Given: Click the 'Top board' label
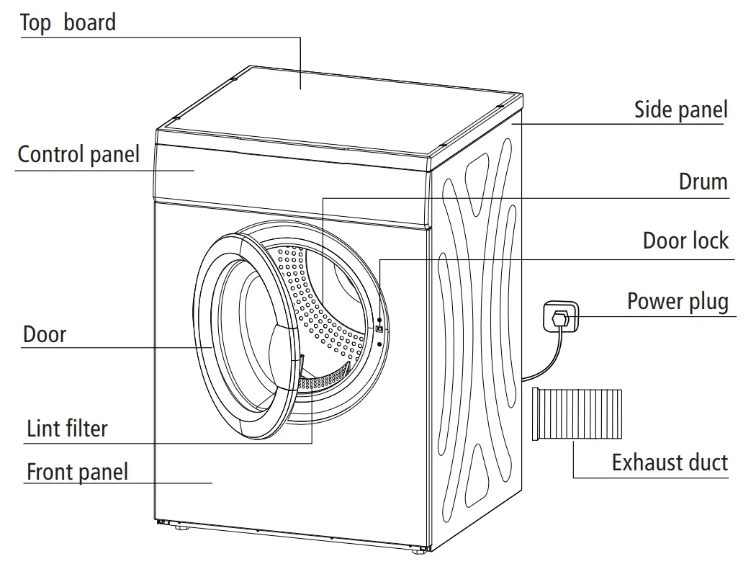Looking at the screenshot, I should point(68,22).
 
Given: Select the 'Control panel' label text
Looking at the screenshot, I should point(78,154).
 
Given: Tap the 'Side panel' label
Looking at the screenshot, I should point(680,109).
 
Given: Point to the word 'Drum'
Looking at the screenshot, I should point(703,182).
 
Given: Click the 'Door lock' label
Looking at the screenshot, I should point(685,241).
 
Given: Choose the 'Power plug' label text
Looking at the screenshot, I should point(678,300).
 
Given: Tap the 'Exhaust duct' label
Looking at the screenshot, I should point(670,462).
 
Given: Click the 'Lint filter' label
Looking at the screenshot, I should point(67,429).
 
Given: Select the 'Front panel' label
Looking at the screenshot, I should point(77,473).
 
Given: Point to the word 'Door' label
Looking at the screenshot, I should point(45,334).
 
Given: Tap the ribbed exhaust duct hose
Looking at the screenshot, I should point(577,413).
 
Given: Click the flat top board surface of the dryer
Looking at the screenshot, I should point(338,108).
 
